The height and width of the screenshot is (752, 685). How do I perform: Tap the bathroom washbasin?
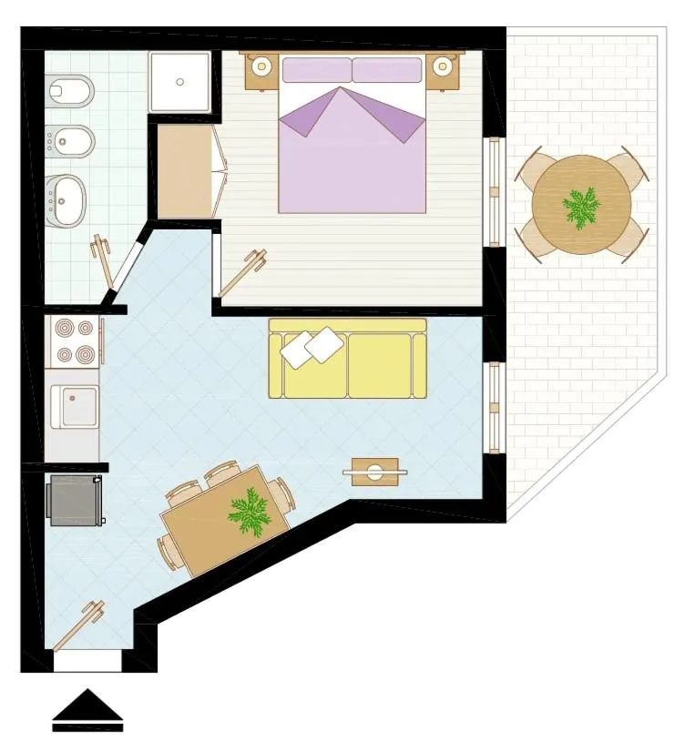click(x=66, y=197)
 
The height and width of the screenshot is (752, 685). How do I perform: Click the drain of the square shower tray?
click(x=179, y=82)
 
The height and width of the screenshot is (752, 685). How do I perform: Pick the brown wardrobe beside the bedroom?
click(x=185, y=171)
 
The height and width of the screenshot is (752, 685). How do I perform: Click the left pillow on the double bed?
click(x=316, y=70)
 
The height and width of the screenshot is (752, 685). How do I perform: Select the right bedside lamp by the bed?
click(x=444, y=66)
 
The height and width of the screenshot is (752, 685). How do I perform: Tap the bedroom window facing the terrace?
click(x=494, y=191)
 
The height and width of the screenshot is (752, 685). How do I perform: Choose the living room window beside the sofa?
click(x=494, y=407)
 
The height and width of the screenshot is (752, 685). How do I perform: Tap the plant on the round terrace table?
click(x=581, y=208)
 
